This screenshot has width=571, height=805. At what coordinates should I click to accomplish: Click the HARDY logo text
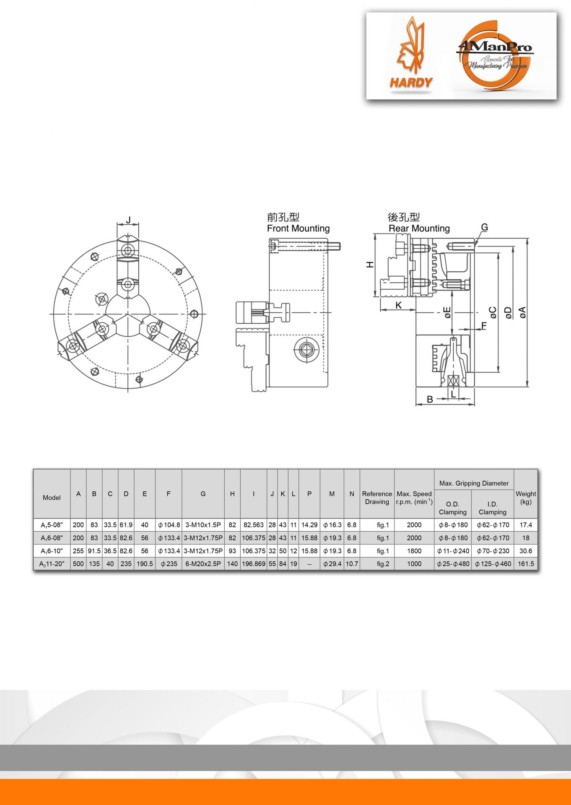point(411,83)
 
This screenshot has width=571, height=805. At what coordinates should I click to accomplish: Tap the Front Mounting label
point(298,229)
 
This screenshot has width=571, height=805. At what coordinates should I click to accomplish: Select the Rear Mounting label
point(419,229)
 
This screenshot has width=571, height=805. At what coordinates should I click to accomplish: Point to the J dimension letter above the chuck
point(128,220)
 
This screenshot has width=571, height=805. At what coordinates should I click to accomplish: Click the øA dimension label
point(522,312)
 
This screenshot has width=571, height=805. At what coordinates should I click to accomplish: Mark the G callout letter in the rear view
point(484,227)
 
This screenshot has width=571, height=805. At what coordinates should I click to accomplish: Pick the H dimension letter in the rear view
point(369,265)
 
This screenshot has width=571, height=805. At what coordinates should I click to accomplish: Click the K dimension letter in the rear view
point(398,305)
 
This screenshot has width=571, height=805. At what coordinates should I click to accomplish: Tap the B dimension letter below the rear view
point(430,399)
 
